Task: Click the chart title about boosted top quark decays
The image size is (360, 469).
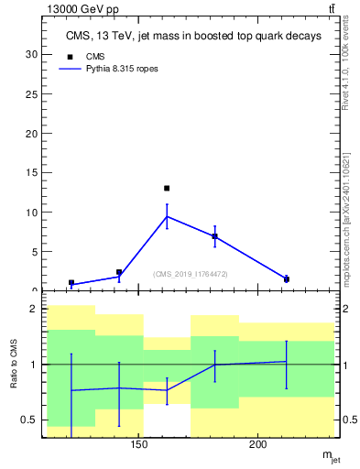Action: (x=194, y=37)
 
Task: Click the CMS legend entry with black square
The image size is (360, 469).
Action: (x=86, y=56)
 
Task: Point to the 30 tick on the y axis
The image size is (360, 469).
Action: (x=32, y=54)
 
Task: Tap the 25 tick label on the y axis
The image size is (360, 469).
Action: (x=32, y=93)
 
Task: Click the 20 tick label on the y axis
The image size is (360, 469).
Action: (x=32, y=133)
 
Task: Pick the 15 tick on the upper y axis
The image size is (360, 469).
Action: (x=32, y=172)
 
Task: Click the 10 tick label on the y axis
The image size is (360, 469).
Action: (x=32, y=212)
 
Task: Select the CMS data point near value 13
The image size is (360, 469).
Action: (x=167, y=189)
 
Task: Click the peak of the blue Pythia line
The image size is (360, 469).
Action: (x=167, y=216)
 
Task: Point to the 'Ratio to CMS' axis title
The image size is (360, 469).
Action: (x=15, y=365)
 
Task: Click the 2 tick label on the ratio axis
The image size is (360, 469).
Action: (x=34, y=309)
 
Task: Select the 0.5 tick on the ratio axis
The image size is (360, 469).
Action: (x=29, y=420)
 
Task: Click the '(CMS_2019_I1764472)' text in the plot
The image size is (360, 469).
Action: (x=191, y=274)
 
